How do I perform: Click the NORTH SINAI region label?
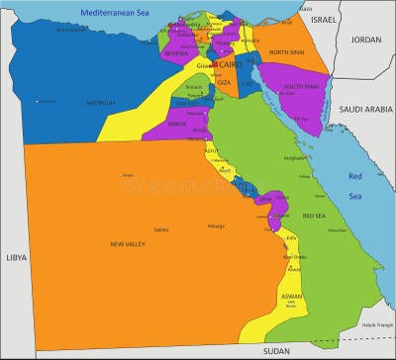(287, 52)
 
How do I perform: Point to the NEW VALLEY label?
(130, 243)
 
